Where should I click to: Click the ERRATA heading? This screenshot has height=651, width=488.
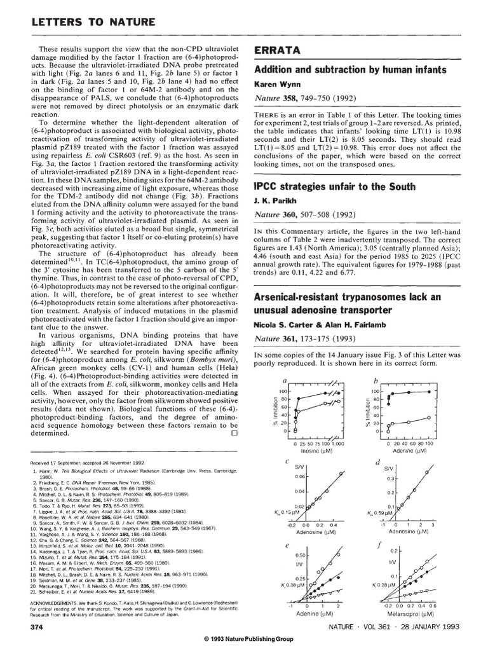click(x=276, y=50)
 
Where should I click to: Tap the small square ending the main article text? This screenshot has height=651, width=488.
click(x=234, y=433)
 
